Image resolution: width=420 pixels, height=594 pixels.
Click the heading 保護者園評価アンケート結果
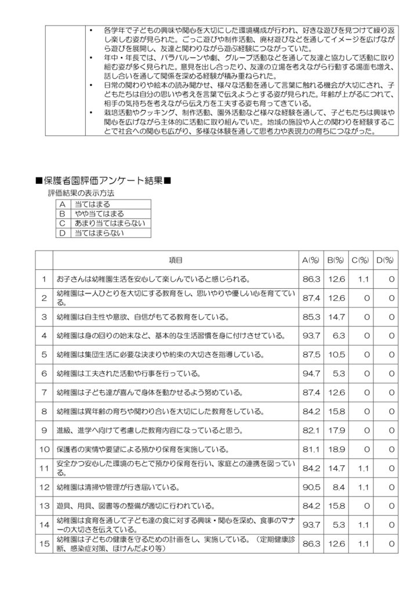click(x=103, y=182)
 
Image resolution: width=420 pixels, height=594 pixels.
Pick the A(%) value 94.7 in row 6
click(x=312, y=373)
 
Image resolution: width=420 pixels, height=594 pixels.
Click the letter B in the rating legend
click(x=61, y=213)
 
